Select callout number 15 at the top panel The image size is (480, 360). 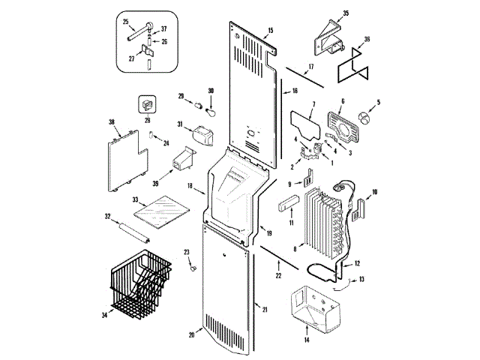tap(271, 31)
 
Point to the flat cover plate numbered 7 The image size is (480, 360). tap(304, 120)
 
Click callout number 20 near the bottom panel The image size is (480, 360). tap(190, 334)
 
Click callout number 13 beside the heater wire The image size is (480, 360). tap(363, 279)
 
